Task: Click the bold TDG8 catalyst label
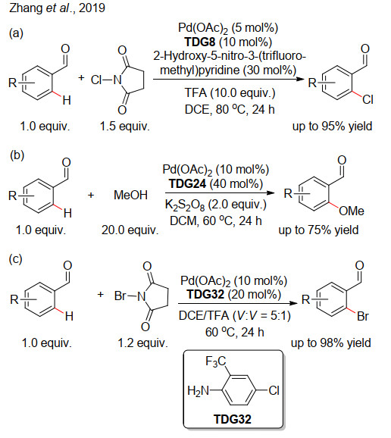click(x=200, y=42)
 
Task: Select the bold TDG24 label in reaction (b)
click(x=187, y=184)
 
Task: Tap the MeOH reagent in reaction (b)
click(x=130, y=195)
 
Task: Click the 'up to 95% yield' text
click(x=332, y=127)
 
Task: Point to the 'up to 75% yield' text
click(x=318, y=230)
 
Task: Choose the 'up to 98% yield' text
click(x=331, y=343)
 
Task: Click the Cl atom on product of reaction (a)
click(x=368, y=100)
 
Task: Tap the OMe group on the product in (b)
click(x=352, y=211)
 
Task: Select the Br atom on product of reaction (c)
click(x=363, y=317)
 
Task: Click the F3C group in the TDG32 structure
click(x=216, y=361)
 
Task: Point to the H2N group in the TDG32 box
click(x=198, y=390)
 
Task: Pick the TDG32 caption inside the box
click(x=233, y=419)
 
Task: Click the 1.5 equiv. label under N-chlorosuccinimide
click(x=125, y=127)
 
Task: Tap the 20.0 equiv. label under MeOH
click(x=130, y=230)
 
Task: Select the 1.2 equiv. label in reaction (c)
click(x=142, y=343)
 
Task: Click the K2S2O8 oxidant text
click(x=185, y=205)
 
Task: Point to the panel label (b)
click(x=17, y=155)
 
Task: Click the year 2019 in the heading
click(x=92, y=8)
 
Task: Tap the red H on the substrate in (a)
click(x=67, y=100)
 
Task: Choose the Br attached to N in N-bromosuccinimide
click(x=120, y=296)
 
